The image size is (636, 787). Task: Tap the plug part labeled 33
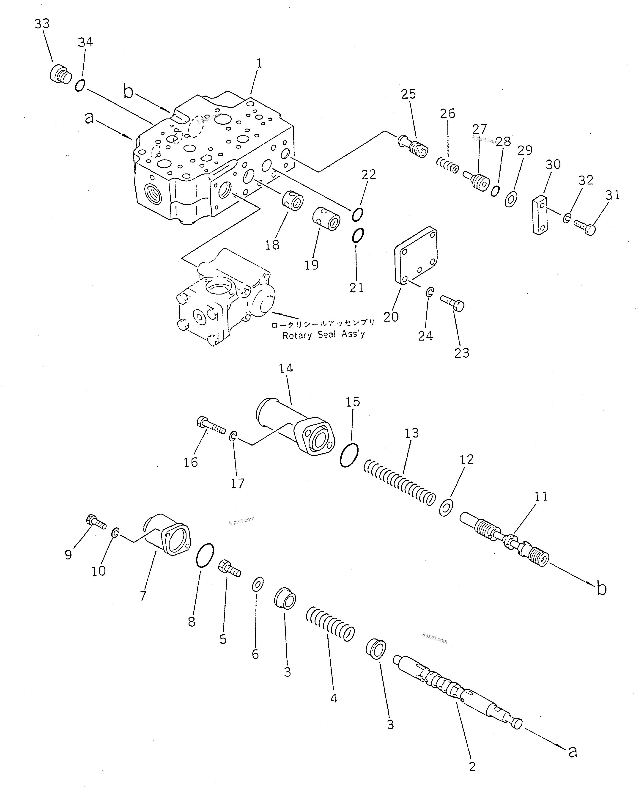pos(60,74)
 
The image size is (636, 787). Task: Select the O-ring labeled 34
pos(80,86)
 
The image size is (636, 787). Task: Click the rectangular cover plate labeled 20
pos(415,256)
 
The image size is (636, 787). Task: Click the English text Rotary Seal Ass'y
pos(323,335)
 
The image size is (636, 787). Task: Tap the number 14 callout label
pos(286,369)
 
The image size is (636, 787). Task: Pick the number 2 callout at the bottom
pos(472,766)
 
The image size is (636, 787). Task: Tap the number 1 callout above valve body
pos(259,63)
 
